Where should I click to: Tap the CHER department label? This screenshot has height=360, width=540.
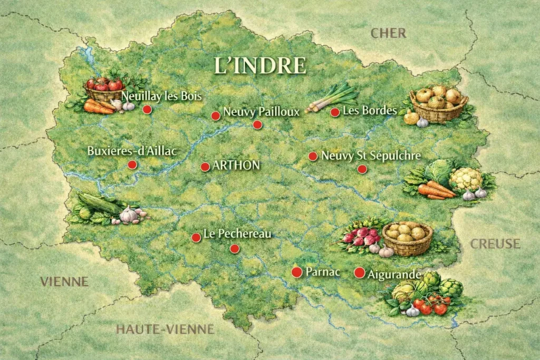coord(388,33)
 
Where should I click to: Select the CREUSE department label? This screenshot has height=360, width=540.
coord(495,244)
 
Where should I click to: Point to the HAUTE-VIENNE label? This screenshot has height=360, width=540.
coord(165,329)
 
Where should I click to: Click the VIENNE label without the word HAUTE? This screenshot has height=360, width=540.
coord(64,281)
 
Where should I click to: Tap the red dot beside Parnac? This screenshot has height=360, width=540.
coord(297,272)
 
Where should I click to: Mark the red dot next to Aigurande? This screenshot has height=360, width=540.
coord(359,273)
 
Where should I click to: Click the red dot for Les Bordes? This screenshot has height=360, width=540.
coord(335,112)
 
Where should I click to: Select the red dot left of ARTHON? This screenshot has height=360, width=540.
coord(205,167)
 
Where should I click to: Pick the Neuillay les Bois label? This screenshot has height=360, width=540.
coord(161,96)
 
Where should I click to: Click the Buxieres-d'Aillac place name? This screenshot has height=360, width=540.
coord(131,151)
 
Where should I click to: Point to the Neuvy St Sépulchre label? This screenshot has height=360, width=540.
coord(371,156)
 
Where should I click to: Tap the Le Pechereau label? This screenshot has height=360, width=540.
coord(237,234)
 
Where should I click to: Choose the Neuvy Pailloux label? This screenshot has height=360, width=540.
coord(261,112)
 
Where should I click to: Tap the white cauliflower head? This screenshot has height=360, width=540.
coord(465,178)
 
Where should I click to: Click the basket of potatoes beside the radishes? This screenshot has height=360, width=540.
coord(407,237)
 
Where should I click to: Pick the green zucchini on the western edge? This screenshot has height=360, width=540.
coord(99,203)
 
